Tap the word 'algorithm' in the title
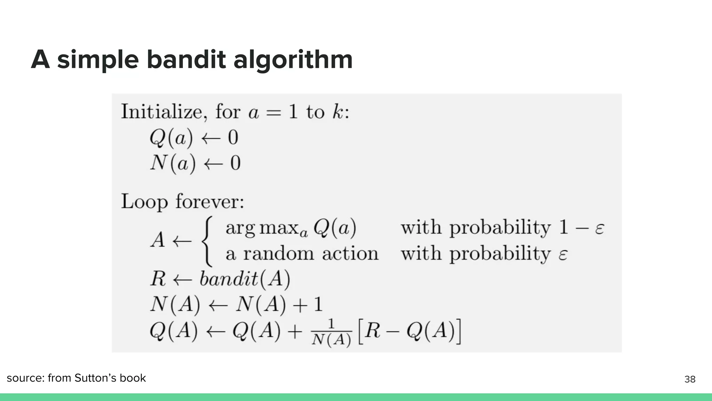293,60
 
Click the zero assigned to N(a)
235,163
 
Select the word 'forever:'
210,201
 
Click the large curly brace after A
207,241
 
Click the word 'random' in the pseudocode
278,253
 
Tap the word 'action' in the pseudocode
350,253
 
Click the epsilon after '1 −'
599,228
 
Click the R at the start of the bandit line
158,279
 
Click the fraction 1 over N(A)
331,333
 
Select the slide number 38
690,379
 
